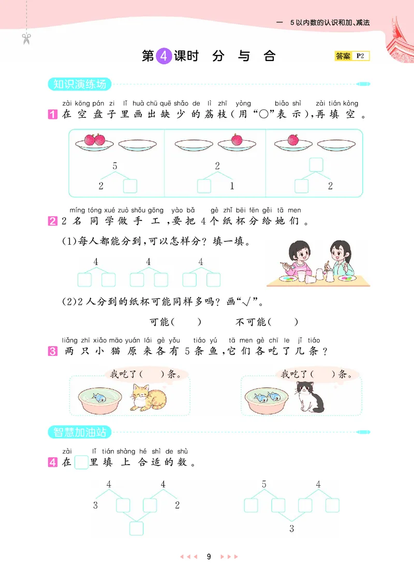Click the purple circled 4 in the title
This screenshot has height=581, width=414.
[163, 56]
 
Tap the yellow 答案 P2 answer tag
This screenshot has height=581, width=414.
[352, 56]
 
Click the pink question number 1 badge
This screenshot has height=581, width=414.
[52, 115]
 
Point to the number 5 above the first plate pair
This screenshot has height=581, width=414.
[115, 166]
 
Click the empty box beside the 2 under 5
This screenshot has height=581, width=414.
[130, 186]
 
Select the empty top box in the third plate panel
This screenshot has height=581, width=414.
[316, 165]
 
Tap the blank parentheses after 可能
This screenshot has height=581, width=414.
[186, 322]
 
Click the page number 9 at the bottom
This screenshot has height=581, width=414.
[209, 557]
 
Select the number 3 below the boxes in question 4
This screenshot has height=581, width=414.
[291, 528]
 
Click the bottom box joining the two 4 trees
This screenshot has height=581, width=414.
[136, 528]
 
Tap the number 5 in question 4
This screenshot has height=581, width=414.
[264, 485]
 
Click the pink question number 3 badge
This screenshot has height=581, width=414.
[52, 351]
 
